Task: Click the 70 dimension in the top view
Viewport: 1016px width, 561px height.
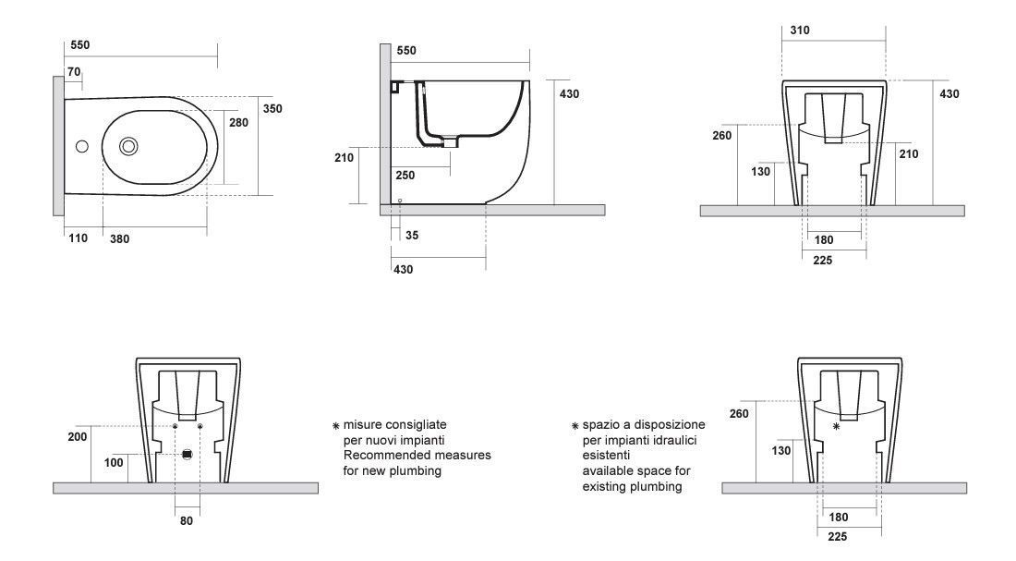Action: (x=74, y=71)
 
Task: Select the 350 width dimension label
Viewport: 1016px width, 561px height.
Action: (x=272, y=108)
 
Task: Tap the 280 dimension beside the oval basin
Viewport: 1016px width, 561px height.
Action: (x=238, y=122)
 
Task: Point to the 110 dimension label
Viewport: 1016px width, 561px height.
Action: (x=78, y=238)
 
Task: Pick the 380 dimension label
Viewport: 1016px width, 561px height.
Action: (x=119, y=238)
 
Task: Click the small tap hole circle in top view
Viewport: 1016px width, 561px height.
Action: (x=82, y=146)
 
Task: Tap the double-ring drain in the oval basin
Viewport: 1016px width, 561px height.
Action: (x=128, y=147)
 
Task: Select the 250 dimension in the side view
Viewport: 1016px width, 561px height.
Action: (x=405, y=175)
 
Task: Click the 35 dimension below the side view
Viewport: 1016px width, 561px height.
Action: (x=412, y=236)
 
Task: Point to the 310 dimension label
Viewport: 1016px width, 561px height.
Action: (x=800, y=30)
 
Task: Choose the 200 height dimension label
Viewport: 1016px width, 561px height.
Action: (x=77, y=436)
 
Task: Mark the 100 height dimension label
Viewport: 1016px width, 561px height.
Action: (x=114, y=462)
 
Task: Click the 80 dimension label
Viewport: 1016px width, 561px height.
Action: (x=186, y=520)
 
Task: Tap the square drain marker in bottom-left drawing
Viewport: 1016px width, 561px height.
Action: (x=187, y=455)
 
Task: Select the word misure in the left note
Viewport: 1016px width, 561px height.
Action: (x=363, y=425)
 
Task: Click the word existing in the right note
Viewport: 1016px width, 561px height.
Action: (x=605, y=486)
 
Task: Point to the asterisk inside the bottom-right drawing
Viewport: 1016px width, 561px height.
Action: (x=837, y=426)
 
